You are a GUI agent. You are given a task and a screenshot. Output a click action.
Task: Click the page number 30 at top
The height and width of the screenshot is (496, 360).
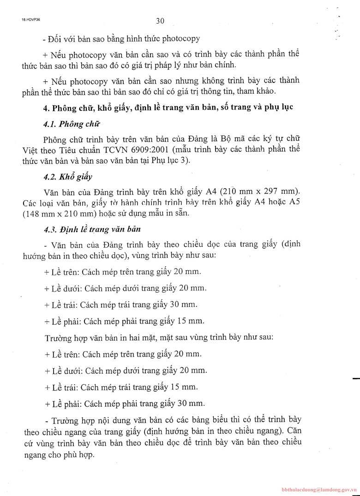click(x=160, y=20)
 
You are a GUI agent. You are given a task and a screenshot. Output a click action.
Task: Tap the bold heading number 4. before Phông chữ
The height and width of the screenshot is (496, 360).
click(x=46, y=108)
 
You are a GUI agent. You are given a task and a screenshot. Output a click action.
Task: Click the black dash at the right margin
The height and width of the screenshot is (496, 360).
click(x=355, y=378)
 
